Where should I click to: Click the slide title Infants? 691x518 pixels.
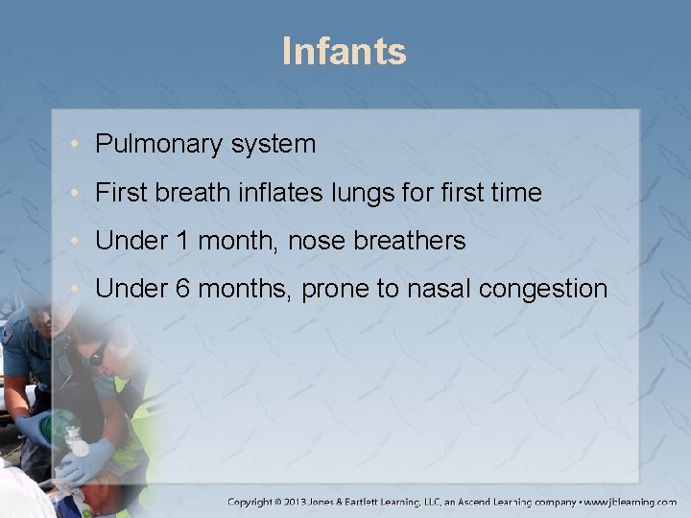click(x=345, y=51)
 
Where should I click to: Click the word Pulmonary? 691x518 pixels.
click(x=156, y=145)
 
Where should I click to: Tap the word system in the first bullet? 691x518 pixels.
click(x=272, y=145)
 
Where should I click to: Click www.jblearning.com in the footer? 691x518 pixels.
click(x=628, y=502)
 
